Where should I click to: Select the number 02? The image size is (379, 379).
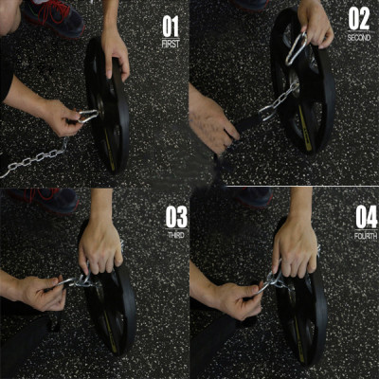point(359,18)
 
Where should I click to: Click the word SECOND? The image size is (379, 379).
point(359,38)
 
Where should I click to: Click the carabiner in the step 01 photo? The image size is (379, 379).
point(85,117)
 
